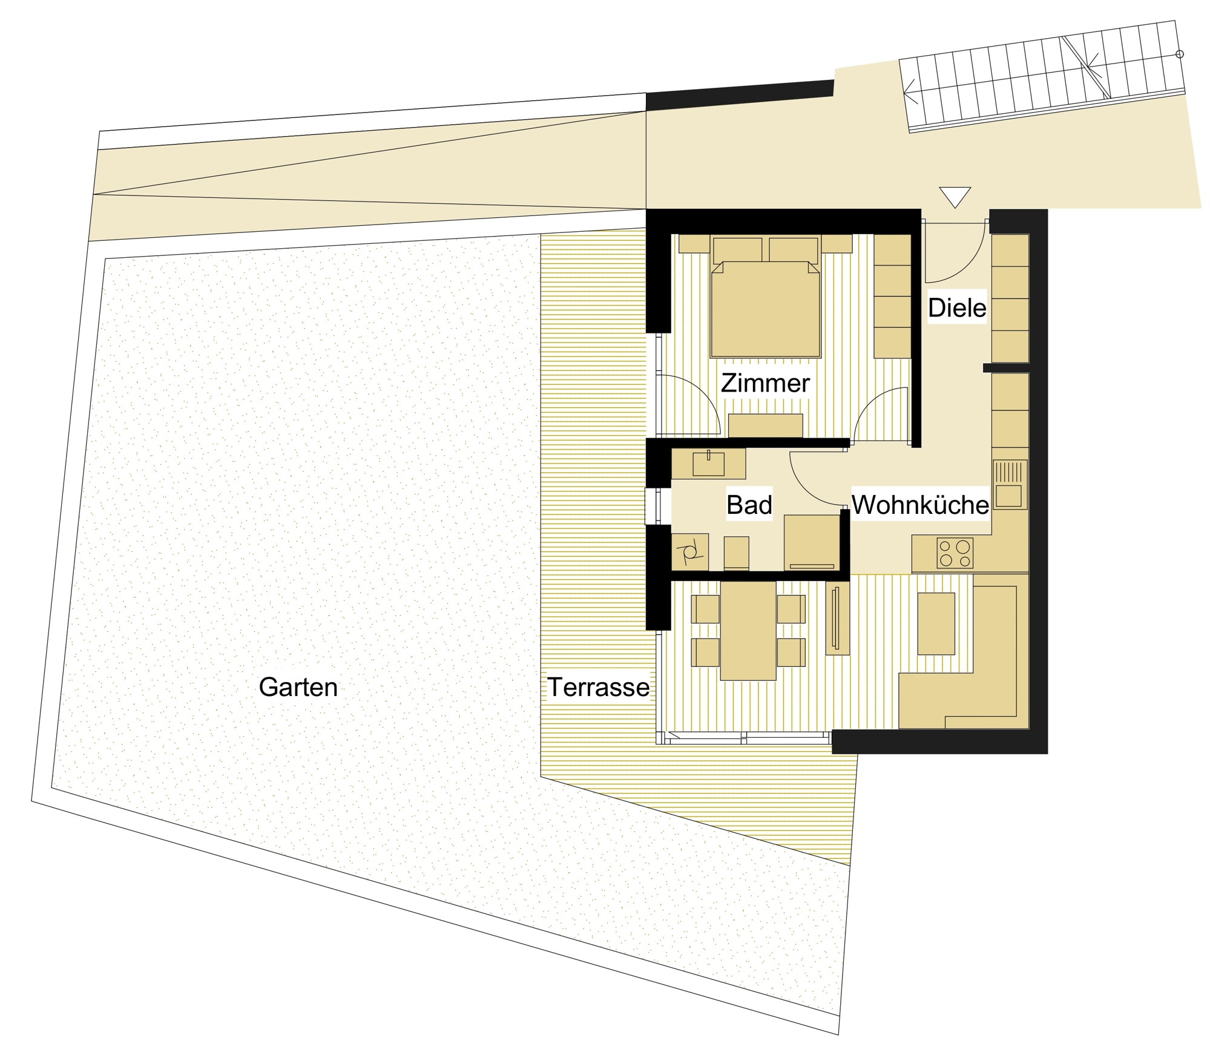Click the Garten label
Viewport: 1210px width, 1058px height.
pyautogui.click(x=298, y=687)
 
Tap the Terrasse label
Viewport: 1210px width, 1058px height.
pyautogui.click(x=598, y=687)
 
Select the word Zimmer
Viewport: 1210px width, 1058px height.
pyautogui.click(x=765, y=383)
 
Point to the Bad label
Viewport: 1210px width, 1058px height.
pyautogui.click(x=749, y=505)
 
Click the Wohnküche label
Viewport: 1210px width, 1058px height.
pyautogui.click(x=920, y=505)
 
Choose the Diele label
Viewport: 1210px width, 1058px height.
pyautogui.click(x=957, y=308)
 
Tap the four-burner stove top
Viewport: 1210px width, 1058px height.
pyautogui.click(x=955, y=553)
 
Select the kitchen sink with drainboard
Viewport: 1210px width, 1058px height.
pyautogui.click(x=1010, y=484)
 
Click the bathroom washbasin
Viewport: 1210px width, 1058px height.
pyautogui.click(x=708, y=464)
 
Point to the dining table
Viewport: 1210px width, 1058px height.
pyautogui.click(x=748, y=631)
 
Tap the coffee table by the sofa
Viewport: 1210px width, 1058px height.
pyautogui.click(x=936, y=623)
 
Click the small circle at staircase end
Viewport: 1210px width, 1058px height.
pyautogui.click(x=1179, y=54)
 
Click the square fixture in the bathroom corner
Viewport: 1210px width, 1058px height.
pyautogui.click(x=690, y=551)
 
